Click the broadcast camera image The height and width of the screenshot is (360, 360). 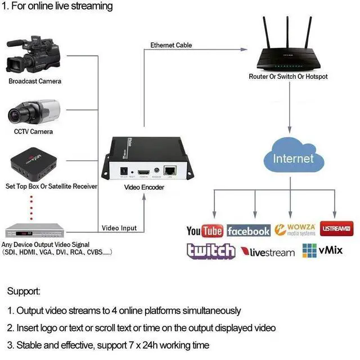coord(33,56)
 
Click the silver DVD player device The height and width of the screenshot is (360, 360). coord(33,231)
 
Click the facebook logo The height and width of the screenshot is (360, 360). coord(249,231)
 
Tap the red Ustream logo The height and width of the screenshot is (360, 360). coord(336,229)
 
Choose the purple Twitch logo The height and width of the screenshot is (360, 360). coord(211,251)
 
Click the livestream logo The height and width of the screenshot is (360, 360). coord(268,252)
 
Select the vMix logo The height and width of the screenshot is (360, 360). coord(322,250)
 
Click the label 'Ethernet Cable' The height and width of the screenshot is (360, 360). coord(171,45)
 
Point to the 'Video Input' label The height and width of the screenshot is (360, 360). coord(119,228)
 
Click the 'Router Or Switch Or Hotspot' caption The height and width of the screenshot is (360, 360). coord(288,76)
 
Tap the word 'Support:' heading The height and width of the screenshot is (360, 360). coord(24,291)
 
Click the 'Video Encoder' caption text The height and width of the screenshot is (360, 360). coord(144,187)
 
